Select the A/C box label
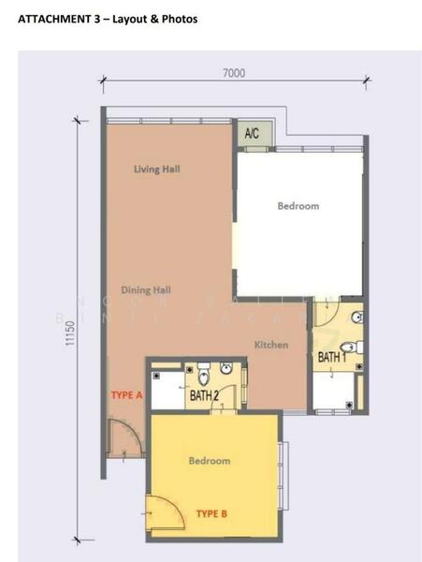coord(252,134)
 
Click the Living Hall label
coord(156,170)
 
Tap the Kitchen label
coord(271,346)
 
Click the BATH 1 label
coord(332,357)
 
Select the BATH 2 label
coord(204,396)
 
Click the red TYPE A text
coord(126,395)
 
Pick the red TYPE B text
coord(211,513)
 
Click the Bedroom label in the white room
coord(298,206)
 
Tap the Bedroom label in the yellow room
coord(211,461)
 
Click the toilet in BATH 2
coord(205,378)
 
